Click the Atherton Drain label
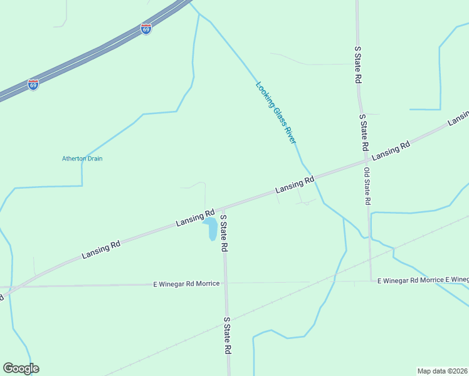tap(82, 159)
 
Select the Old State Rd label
tap(367, 187)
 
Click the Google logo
tap(21, 368)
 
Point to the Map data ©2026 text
tap(442, 370)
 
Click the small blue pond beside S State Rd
tap(211, 229)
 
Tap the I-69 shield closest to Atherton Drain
tap(33, 85)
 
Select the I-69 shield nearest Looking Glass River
tap(146, 29)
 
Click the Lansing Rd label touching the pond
tap(196, 217)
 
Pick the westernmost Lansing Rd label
tap(101, 248)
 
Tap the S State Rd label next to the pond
tap(224, 232)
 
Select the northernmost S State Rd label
tap(358, 65)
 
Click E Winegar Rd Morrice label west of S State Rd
tap(186, 284)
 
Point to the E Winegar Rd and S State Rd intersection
tap(226, 283)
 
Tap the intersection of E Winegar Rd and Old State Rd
tap(371, 281)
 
